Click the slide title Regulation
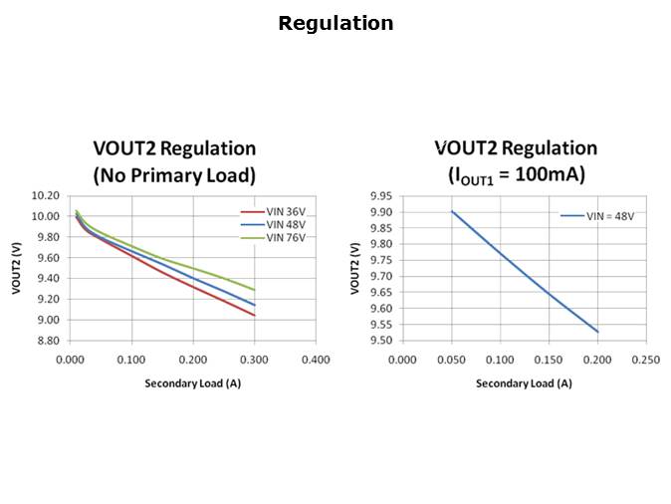(x=335, y=23)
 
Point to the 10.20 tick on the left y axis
(x=47, y=195)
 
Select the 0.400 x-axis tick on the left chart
(x=316, y=360)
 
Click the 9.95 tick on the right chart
(x=380, y=195)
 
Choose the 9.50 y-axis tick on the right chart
(x=380, y=341)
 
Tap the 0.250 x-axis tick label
(x=646, y=360)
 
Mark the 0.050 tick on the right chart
(x=451, y=360)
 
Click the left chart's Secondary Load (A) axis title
(x=192, y=382)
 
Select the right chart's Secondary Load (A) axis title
(x=524, y=382)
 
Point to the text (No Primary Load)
(x=174, y=175)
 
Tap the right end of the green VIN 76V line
(x=255, y=290)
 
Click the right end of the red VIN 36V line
(x=255, y=316)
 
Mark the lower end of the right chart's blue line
(x=597, y=332)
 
